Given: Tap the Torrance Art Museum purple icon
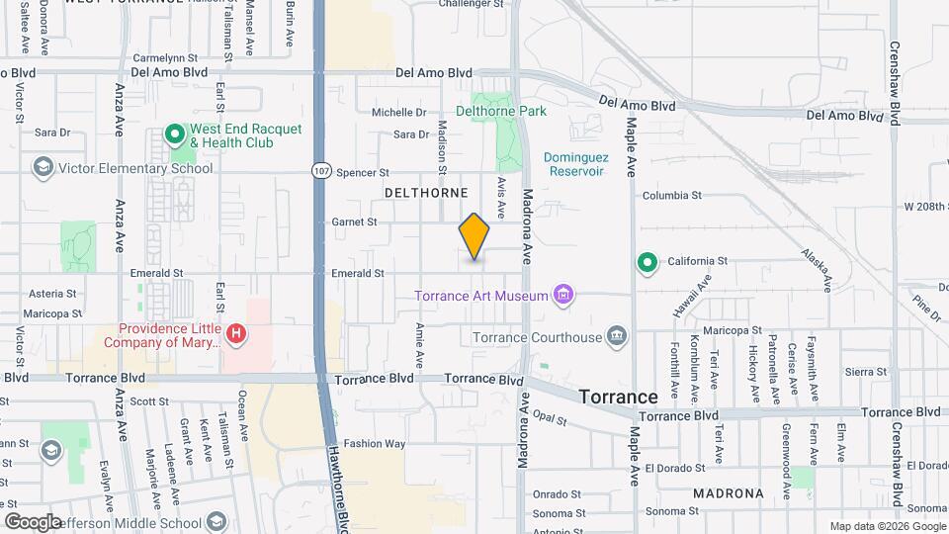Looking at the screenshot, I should point(564,295).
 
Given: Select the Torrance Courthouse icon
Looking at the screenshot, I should point(617,337).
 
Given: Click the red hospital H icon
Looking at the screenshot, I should point(236,334).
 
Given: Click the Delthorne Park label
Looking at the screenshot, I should point(500,112).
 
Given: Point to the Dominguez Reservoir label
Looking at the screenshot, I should point(574,164).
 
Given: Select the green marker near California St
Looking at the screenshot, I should point(647,262).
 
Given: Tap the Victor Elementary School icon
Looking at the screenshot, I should point(43,167).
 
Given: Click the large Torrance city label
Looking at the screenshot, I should point(618,396).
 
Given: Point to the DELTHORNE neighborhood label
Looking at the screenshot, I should point(425,192).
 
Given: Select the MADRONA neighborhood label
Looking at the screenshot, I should point(728,492).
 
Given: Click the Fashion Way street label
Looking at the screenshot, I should point(375,444).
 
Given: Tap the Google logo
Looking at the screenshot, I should point(34,521).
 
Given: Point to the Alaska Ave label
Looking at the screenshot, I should point(817,270).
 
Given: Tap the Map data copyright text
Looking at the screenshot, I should point(886,526).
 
